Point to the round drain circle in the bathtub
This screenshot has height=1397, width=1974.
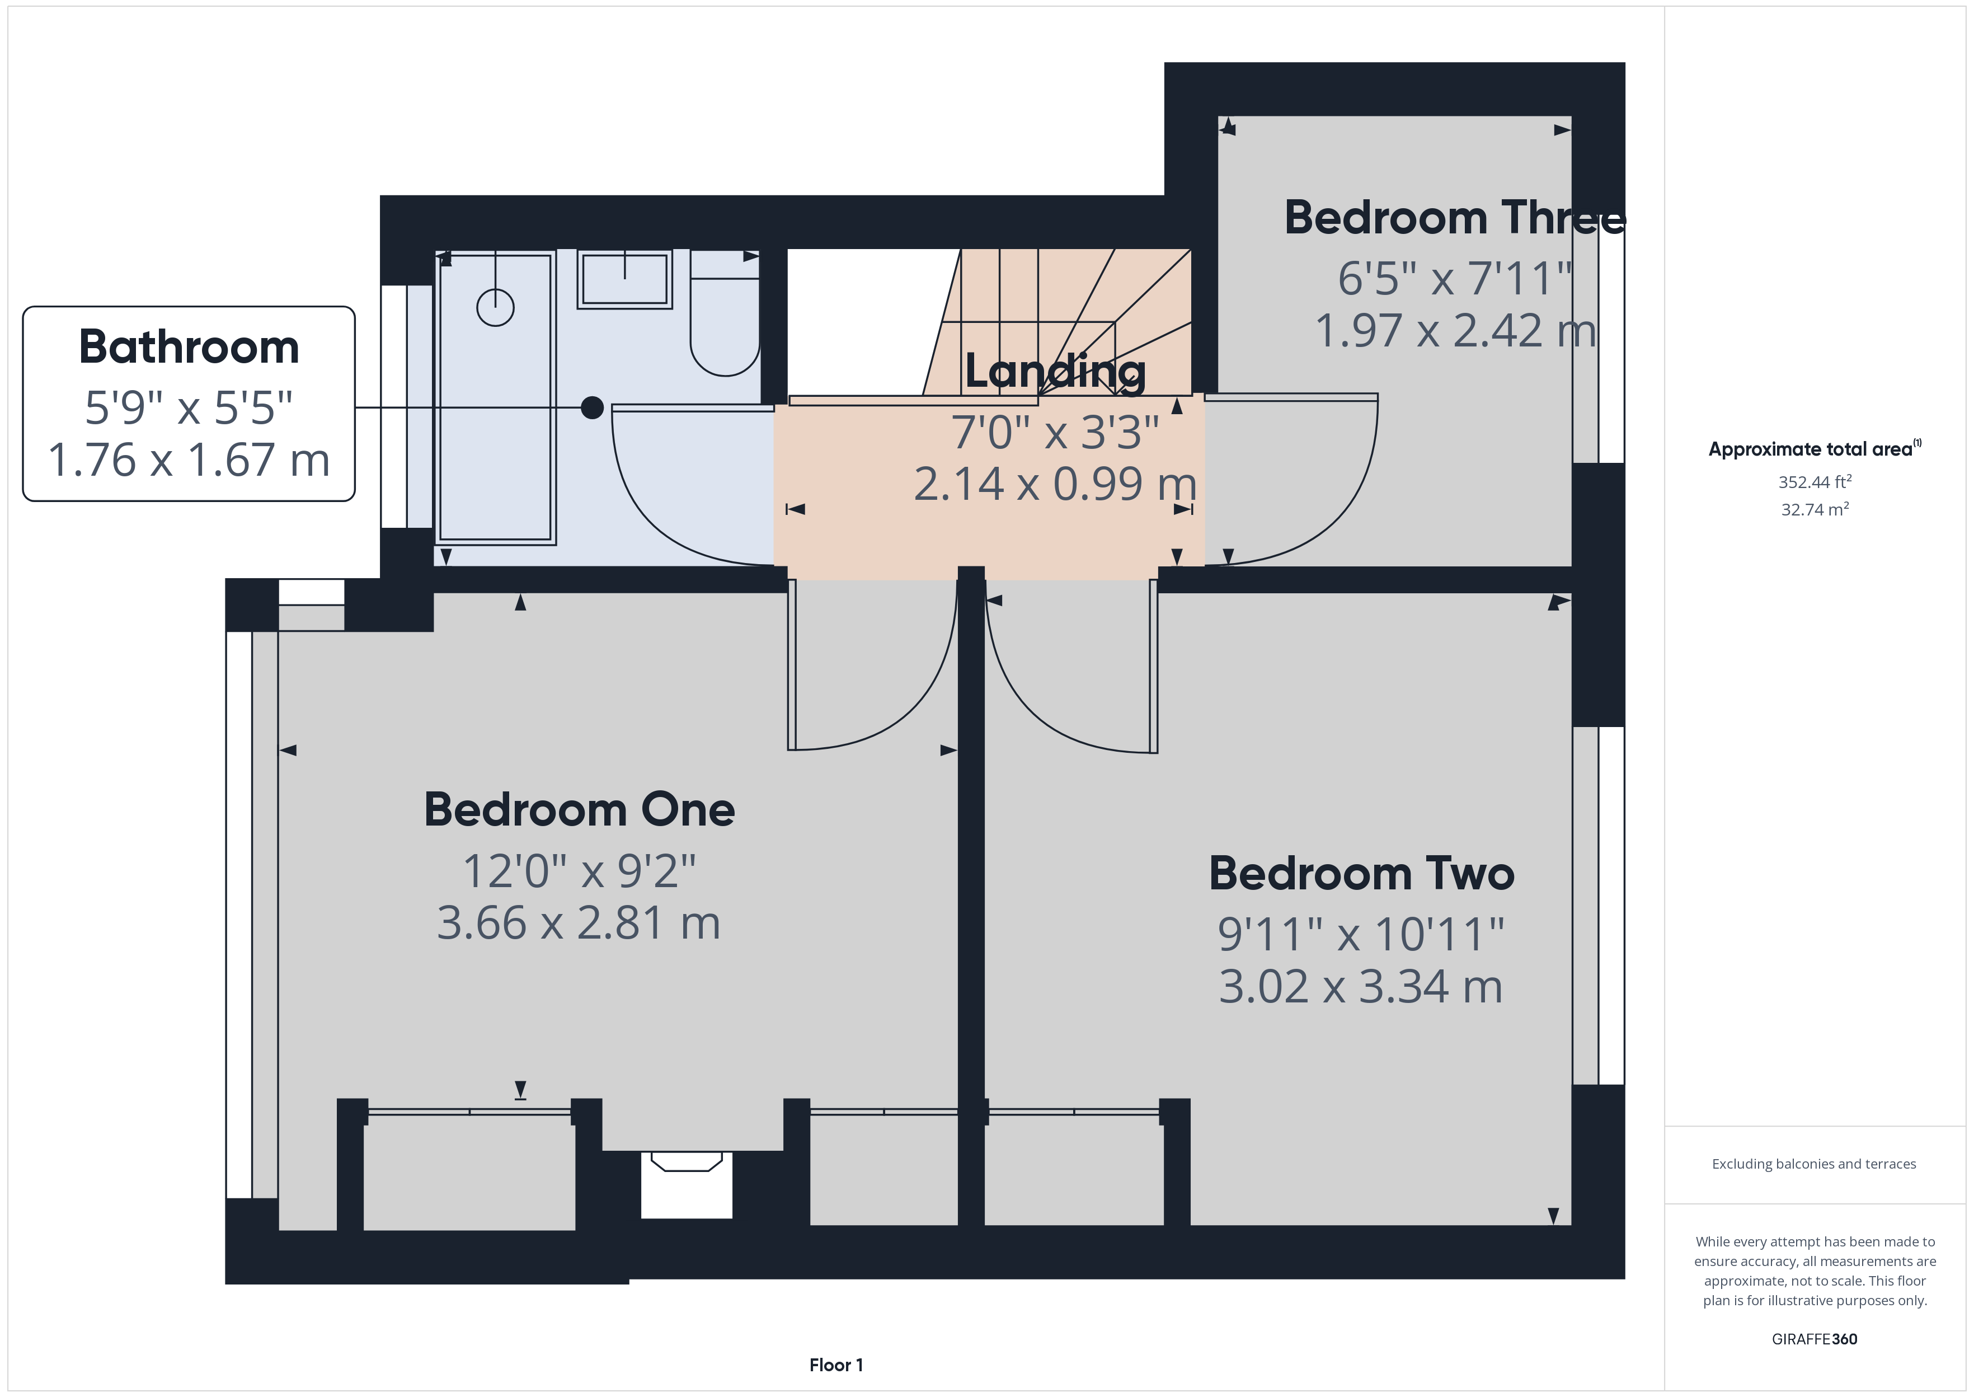point(495,307)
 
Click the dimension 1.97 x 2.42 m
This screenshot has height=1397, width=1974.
point(1455,330)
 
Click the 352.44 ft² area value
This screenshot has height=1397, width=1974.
point(1814,482)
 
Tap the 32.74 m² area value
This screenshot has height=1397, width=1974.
point(1814,509)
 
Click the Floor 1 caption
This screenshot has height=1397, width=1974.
point(836,1365)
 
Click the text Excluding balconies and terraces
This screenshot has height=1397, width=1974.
point(1813,1164)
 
